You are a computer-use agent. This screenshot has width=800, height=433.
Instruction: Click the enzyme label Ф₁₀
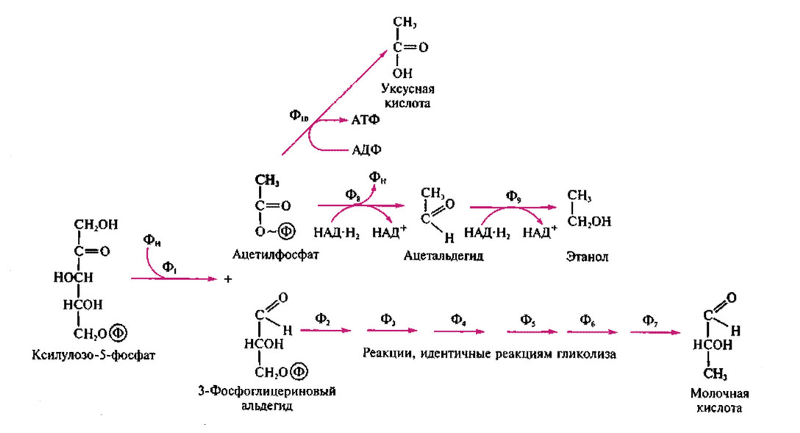tap(298, 115)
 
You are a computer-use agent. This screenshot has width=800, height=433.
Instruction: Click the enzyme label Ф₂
tap(323, 319)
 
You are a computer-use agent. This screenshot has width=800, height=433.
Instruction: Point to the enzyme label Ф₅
tap(528, 319)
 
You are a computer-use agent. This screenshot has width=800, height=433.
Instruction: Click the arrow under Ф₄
tap(456, 332)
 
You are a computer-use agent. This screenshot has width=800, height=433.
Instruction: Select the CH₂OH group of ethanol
tap(590, 221)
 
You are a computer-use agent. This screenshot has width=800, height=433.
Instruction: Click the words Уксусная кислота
tap(404, 96)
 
